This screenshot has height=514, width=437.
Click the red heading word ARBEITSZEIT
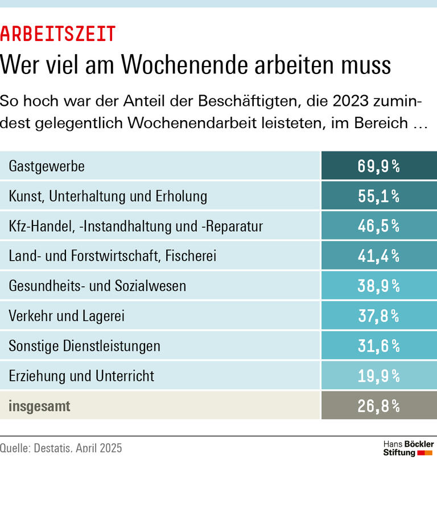58,35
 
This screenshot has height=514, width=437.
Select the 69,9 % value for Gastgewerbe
378,166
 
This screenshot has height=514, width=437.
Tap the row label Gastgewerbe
47,166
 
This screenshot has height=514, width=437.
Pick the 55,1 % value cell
378,196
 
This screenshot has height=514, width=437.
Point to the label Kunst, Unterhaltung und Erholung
108,196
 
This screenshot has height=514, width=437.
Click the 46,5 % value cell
378,226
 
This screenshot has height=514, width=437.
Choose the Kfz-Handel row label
136,226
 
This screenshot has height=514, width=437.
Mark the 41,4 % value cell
378,256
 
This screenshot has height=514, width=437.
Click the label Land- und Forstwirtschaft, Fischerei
113,256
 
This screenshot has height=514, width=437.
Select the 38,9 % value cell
378,286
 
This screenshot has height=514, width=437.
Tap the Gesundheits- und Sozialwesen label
97,286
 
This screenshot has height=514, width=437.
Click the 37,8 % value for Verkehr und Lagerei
378,316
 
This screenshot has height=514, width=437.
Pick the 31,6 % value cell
378,346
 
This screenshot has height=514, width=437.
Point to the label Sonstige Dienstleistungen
84,346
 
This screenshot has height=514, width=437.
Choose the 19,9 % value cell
378,376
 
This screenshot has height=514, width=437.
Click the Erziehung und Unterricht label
81,376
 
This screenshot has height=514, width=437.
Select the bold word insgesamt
39,406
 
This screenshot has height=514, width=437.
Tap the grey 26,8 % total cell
378,406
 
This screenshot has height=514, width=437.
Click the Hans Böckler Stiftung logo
408,448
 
